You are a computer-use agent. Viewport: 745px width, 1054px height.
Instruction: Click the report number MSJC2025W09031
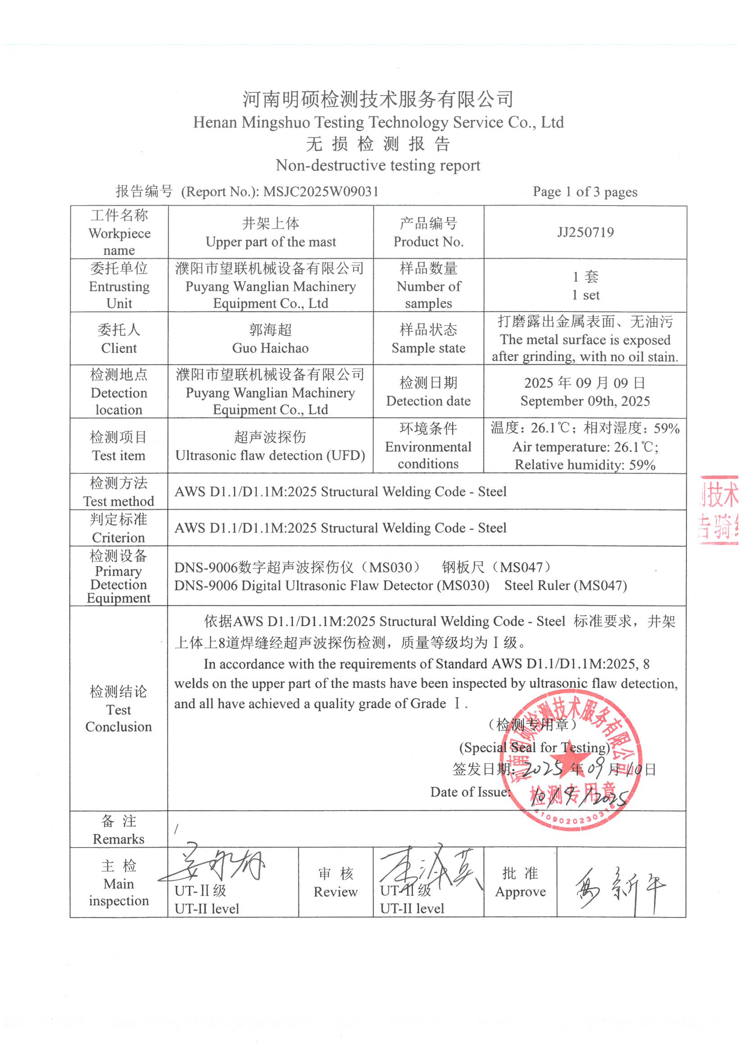(321, 192)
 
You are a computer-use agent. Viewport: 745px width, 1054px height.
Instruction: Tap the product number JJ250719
(585, 232)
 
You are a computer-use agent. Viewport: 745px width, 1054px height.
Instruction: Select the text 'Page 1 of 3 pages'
(585, 192)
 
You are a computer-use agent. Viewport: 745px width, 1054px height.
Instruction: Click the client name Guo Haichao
(270, 348)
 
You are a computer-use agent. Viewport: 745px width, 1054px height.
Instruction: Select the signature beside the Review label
(429, 868)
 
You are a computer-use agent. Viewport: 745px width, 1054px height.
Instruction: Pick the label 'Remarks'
(119, 839)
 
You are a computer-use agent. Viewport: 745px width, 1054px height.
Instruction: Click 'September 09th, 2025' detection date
(585, 401)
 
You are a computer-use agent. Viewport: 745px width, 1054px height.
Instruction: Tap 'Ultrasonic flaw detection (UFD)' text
(270, 455)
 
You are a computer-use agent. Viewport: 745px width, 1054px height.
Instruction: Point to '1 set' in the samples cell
(585, 295)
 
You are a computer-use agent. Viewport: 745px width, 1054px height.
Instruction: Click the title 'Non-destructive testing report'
(378, 165)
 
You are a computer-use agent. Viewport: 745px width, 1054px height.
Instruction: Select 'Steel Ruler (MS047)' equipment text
(566, 586)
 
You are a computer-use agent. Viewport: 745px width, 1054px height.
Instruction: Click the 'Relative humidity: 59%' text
(585, 465)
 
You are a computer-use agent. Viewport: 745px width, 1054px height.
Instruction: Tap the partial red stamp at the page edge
(719, 509)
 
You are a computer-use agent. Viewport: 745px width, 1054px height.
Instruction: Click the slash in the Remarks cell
(176, 829)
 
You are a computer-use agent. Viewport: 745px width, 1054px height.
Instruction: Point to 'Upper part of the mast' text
(270, 242)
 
